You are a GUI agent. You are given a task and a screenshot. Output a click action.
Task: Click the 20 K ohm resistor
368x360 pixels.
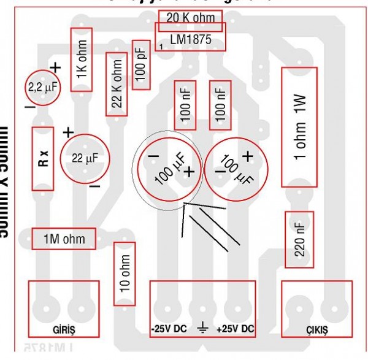(190, 18)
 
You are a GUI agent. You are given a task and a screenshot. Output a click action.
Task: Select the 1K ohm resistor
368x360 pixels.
(82, 59)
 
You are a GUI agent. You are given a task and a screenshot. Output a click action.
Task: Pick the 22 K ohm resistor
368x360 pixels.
(116, 84)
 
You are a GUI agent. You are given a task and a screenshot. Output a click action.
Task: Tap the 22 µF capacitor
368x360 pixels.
(85, 158)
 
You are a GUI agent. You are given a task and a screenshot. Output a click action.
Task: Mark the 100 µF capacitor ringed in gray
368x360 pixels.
(169, 170)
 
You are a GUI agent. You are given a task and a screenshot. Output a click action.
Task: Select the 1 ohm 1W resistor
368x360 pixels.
(299, 127)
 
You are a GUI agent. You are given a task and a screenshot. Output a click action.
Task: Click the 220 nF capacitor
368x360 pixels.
(299, 240)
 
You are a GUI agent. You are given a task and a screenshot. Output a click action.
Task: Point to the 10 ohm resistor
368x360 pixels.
(124, 274)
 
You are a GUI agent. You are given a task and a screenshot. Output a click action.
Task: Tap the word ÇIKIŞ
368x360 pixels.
(316, 329)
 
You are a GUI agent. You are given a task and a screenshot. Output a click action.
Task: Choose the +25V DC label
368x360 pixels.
(235, 329)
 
